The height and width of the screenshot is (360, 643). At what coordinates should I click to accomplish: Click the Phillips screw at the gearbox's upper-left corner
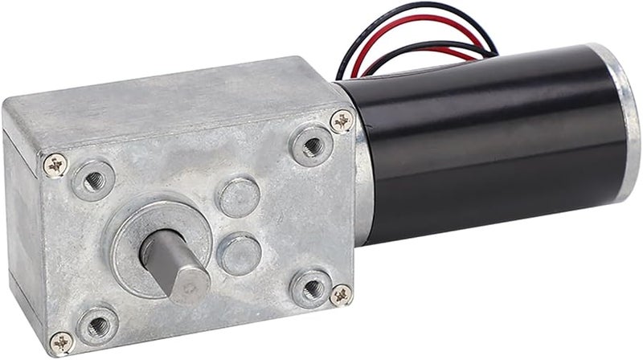click(55, 165)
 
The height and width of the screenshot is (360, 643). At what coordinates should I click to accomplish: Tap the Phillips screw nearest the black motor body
click(342, 121)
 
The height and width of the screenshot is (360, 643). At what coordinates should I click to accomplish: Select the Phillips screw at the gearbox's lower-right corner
click(341, 294)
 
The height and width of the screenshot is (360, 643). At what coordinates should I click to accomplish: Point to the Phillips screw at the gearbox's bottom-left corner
click(61, 342)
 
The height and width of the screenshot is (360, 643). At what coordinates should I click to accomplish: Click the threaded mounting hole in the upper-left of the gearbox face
click(93, 178)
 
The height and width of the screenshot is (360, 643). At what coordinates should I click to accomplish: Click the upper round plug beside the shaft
click(240, 197)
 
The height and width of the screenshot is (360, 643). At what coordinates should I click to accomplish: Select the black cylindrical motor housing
click(490, 145)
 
